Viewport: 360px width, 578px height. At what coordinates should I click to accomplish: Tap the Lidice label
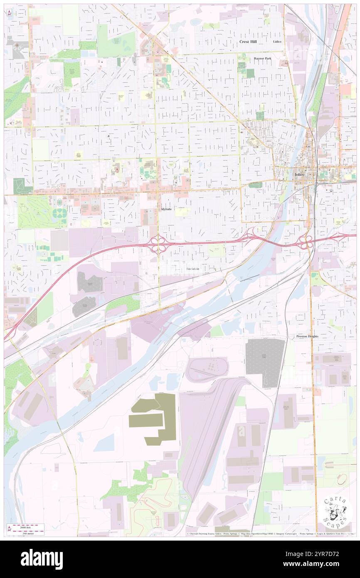(277, 42)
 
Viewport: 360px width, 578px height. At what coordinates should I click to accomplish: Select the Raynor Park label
(262, 59)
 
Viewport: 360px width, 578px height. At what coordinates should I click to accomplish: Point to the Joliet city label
(300, 175)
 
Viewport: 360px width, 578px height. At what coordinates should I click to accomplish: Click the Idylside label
(167, 209)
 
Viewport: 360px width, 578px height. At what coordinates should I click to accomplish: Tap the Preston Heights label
(307, 336)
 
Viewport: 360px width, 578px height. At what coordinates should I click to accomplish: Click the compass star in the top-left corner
(10, 13)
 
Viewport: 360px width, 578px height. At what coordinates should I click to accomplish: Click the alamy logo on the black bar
(42, 559)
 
